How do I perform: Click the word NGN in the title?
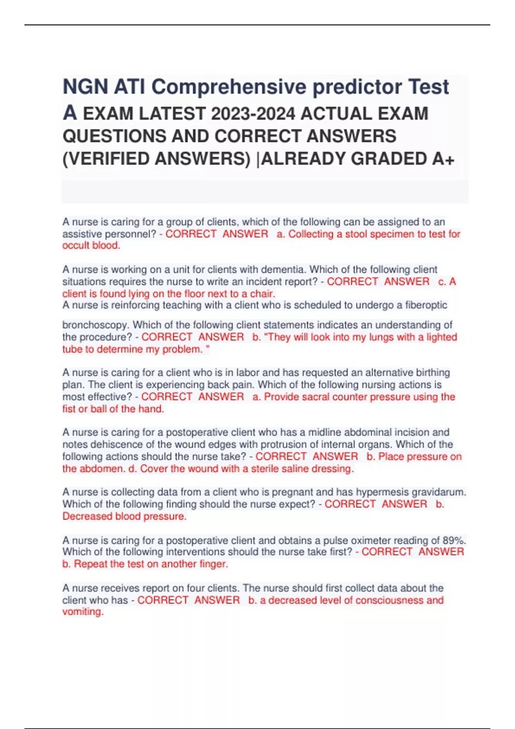(85, 87)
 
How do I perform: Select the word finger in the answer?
(213, 564)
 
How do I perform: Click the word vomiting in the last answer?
(82, 612)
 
